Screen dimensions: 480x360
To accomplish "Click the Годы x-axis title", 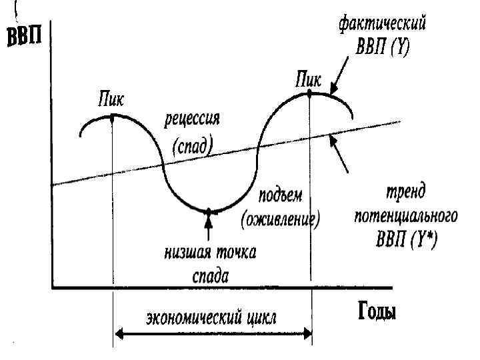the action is (373, 311).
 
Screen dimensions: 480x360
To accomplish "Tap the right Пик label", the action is (309, 79).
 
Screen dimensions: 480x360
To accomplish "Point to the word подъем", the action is (280, 196).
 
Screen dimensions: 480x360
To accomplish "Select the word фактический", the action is (382, 25).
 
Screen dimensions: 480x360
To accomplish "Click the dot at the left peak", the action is (112, 115).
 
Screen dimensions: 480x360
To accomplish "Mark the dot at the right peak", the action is (310, 93).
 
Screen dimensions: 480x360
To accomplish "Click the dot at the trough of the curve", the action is (209, 211).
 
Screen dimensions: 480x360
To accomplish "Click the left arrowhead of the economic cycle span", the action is (118, 332).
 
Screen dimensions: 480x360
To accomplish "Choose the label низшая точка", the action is (211, 253).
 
